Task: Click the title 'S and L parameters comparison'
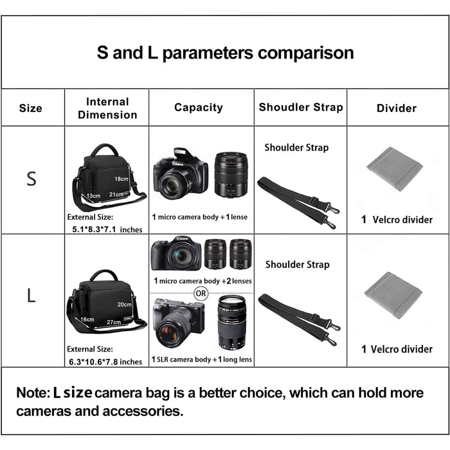tap(225, 52)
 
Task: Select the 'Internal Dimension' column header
tap(107, 108)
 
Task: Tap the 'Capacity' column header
tap(199, 107)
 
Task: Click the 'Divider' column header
tap(396, 108)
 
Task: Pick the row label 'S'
tap(32, 179)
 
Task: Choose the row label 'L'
tap(31, 296)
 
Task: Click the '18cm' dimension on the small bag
tap(122, 179)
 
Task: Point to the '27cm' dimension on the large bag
tap(113, 321)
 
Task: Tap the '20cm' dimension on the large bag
tap(124, 304)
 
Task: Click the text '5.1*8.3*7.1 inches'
tap(107, 229)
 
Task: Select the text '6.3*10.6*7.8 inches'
tap(107, 361)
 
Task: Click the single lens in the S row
tap(231, 174)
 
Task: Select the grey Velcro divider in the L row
tap(393, 294)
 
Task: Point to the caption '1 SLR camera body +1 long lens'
tap(202, 359)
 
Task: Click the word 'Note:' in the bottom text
tap(33, 392)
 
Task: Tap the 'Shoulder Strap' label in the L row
tap(297, 264)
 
